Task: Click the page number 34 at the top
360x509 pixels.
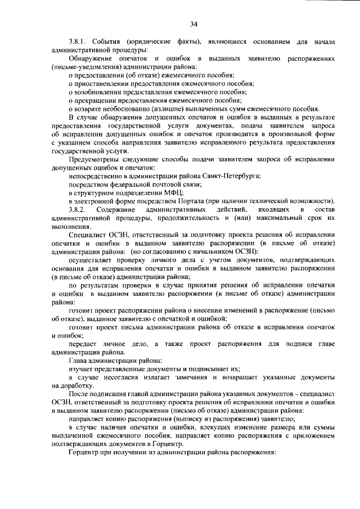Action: (193, 24)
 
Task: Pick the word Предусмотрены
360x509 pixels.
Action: (96, 160)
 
